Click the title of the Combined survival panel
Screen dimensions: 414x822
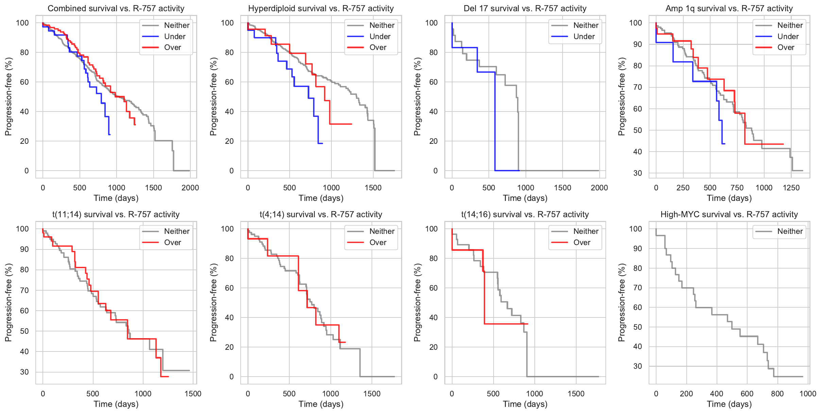pyautogui.click(x=116, y=8)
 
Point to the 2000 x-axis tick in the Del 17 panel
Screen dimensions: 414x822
pyautogui.click(x=599, y=188)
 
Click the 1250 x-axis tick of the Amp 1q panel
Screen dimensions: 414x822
pyautogui.click(x=791, y=188)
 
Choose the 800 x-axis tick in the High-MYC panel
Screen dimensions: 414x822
pyautogui.click(x=777, y=394)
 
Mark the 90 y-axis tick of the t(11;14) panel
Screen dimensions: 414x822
pyautogui.click(x=24, y=249)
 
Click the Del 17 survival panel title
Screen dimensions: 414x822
pyautogui.click(x=525, y=8)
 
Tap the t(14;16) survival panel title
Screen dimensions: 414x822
pyautogui.click(x=525, y=214)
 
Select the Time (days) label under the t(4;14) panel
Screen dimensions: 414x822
pyautogui.click(x=321, y=404)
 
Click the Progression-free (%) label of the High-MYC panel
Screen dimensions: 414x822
pyautogui.click(x=622, y=303)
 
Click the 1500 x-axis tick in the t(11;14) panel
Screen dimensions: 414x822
pyautogui.click(x=193, y=394)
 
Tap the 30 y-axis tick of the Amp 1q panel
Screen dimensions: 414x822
pyautogui.click(x=637, y=173)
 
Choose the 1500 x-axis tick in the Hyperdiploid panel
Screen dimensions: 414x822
pyautogui.click(x=373, y=188)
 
